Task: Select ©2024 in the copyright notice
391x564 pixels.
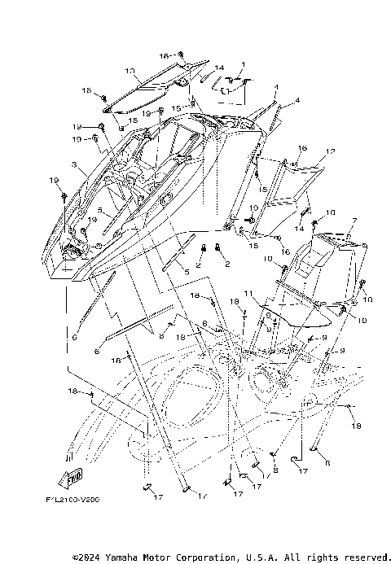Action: point(89,557)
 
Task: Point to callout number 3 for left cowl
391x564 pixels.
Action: point(74,164)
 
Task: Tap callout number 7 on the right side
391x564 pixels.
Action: point(354,221)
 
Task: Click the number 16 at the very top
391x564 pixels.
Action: point(164,55)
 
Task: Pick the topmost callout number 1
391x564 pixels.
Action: point(243,64)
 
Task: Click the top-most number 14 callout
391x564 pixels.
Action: point(219,68)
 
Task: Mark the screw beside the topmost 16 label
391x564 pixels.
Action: point(181,55)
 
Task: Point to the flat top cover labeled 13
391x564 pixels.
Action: point(151,91)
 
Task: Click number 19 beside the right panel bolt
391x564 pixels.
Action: point(252,209)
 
